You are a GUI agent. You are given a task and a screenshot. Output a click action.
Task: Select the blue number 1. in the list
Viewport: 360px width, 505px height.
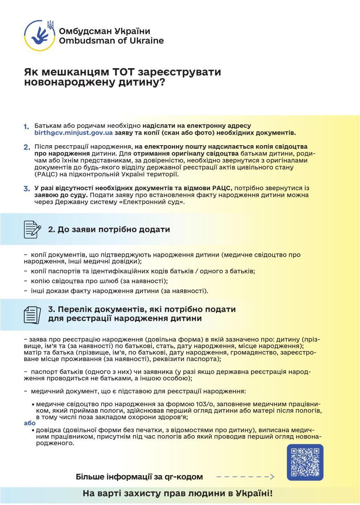(26, 127)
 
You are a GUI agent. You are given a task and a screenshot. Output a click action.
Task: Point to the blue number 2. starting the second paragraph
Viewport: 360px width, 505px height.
(26, 147)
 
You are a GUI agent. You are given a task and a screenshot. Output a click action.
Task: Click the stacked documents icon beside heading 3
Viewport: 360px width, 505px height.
(32, 314)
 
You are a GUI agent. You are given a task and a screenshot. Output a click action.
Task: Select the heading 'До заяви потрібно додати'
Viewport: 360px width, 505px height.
(109, 229)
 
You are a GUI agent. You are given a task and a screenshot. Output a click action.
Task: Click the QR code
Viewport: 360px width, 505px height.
(305, 462)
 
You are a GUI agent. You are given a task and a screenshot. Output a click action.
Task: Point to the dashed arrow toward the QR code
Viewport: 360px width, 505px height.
(245, 477)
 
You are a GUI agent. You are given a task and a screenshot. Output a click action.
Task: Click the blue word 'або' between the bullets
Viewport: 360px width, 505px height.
(29, 423)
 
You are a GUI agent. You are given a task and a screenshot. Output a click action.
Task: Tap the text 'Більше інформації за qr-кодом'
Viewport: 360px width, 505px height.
(139, 477)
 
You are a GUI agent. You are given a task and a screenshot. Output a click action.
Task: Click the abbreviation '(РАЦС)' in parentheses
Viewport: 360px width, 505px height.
(46, 174)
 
